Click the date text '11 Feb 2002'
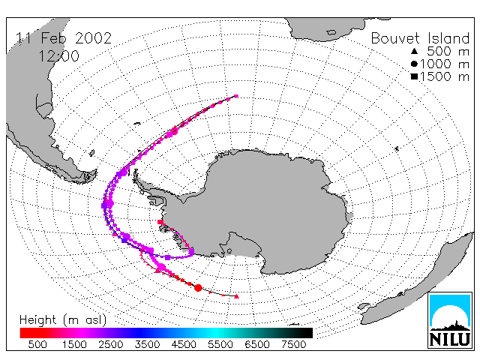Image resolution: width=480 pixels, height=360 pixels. (64, 38)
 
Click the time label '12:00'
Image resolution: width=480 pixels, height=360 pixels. (58, 56)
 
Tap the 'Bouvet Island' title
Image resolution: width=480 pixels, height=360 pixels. (420, 38)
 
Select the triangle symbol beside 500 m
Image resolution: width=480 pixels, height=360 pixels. (414, 51)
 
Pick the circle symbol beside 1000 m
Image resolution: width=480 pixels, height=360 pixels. (414, 64)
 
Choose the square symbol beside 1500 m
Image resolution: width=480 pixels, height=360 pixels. (414, 76)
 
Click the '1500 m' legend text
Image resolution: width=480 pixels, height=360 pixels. (445, 76)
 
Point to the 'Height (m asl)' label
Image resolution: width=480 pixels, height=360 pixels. (63, 320)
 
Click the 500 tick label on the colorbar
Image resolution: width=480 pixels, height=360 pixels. (37, 345)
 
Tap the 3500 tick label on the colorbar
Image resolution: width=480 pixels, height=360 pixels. (147, 345)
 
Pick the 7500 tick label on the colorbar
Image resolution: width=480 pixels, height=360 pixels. (293, 345)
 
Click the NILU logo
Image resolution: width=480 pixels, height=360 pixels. (450, 320)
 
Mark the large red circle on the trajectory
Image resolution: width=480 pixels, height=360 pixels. (198, 288)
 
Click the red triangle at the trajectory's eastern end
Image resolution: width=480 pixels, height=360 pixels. (236, 296)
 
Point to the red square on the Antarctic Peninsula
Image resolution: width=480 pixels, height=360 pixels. (160, 222)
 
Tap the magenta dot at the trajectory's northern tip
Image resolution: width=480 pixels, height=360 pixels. (236, 96)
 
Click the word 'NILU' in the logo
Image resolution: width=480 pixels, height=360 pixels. (450, 339)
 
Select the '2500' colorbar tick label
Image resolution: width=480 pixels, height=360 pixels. (110, 345)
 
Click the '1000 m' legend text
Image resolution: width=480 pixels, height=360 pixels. (445, 64)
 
